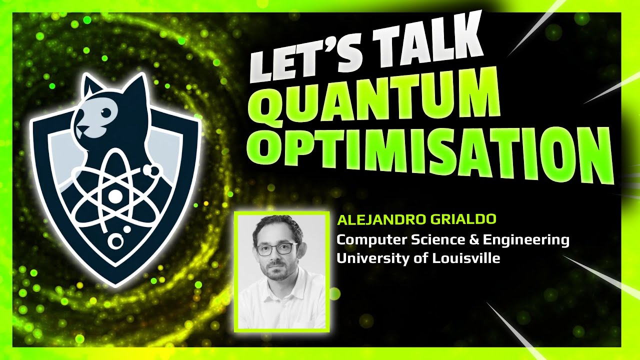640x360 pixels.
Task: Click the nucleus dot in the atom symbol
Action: tap(114, 194)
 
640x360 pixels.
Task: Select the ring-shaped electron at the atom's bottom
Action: tap(115, 242)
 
